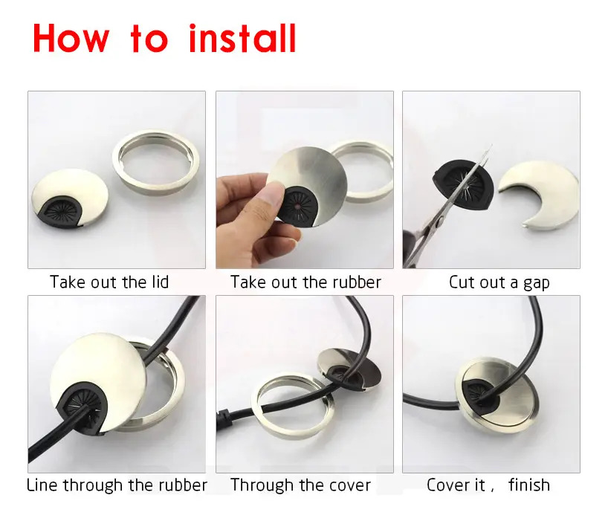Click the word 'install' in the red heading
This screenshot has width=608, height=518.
pos(242,38)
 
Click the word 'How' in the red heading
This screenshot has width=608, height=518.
pos(71,38)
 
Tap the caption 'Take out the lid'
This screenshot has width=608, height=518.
pos(109,282)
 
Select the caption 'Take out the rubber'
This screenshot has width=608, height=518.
pos(305,282)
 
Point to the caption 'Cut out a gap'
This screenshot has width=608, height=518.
pos(499,282)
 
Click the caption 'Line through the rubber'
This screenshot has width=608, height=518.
pos(117,485)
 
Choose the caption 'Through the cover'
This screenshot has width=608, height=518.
pos(300,485)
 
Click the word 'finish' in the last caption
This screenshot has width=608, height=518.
pos(529,485)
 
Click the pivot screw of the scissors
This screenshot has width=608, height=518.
pos(441,221)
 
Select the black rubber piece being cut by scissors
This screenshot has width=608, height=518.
pos(463,184)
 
